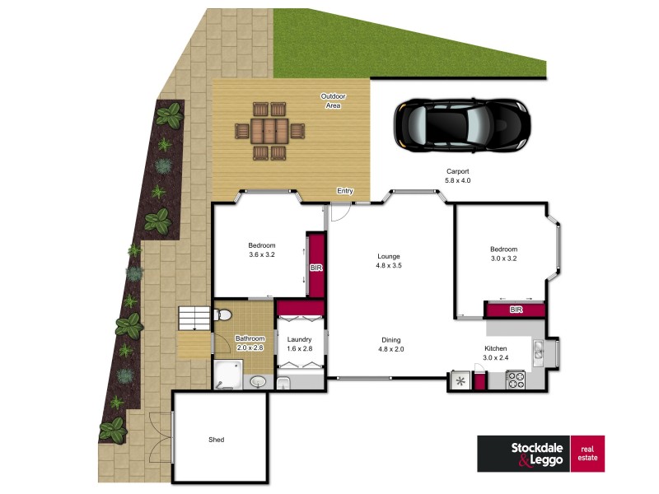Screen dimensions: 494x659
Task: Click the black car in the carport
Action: [x=460, y=126]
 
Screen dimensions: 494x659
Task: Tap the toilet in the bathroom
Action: [x=222, y=315]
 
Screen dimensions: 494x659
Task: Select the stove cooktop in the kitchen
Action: [x=516, y=380]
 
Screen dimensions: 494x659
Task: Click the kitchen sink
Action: [x=537, y=352]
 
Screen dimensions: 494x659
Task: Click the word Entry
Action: [x=344, y=192]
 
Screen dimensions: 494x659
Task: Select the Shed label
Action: [x=216, y=440]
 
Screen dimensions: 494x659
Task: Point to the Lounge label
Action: [x=388, y=255]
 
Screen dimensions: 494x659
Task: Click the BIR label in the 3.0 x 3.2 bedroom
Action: [x=516, y=310]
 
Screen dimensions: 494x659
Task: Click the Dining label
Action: [x=390, y=338]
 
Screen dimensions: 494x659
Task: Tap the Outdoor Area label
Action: [x=333, y=100]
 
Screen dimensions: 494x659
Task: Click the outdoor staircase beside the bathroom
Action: [x=194, y=318]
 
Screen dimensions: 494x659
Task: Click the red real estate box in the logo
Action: [x=587, y=454]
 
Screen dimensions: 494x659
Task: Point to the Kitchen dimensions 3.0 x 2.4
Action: [x=497, y=358]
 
